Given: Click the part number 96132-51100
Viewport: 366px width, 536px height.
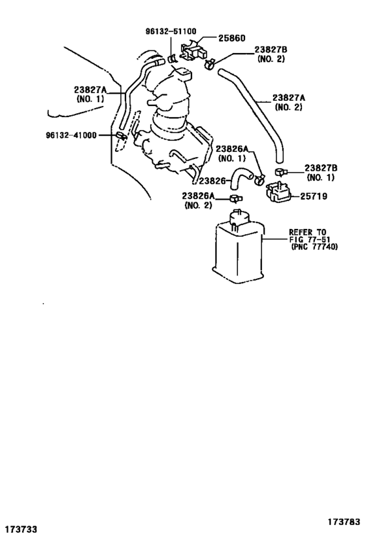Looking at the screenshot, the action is pos(171,31).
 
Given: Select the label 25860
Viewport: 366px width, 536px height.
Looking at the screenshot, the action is pos(232,38).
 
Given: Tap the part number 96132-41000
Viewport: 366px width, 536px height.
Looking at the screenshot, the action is pos(71,135).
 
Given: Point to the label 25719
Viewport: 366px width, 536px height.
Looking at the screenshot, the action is pos(314,196).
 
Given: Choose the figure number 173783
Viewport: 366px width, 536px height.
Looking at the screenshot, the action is pos(344,522).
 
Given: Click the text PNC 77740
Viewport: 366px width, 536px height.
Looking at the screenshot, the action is pos(314,247).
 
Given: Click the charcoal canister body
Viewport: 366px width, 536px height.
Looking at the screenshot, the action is pos(238,249).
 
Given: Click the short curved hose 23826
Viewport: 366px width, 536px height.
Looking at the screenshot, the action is pos(240,177).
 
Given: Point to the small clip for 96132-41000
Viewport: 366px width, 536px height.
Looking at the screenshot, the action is pos(121,135).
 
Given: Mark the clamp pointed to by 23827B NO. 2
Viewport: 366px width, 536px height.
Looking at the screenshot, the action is pos(210,63).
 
